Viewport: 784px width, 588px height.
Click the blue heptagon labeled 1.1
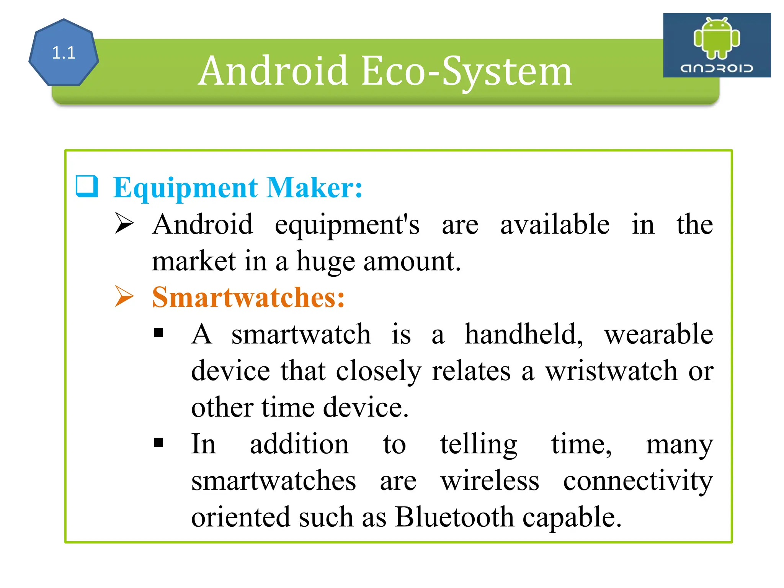(64, 52)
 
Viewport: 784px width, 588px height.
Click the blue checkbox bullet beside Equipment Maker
(87, 186)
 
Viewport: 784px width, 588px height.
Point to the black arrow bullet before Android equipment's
(124, 224)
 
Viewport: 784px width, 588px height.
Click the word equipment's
(347, 225)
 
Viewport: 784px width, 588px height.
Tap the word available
(555, 224)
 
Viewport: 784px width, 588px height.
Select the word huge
(325, 262)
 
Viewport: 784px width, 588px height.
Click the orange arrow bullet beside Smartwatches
(124, 297)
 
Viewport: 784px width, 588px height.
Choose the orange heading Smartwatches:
(248, 297)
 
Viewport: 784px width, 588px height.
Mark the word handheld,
(524, 334)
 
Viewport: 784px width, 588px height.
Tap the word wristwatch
(611, 371)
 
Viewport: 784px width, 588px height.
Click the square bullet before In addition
(158, 443)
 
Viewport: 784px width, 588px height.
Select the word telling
(479, 445)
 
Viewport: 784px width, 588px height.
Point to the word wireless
(490, 481)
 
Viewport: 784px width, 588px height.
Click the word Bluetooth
(454, 517)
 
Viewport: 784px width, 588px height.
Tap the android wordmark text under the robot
(717, 69)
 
